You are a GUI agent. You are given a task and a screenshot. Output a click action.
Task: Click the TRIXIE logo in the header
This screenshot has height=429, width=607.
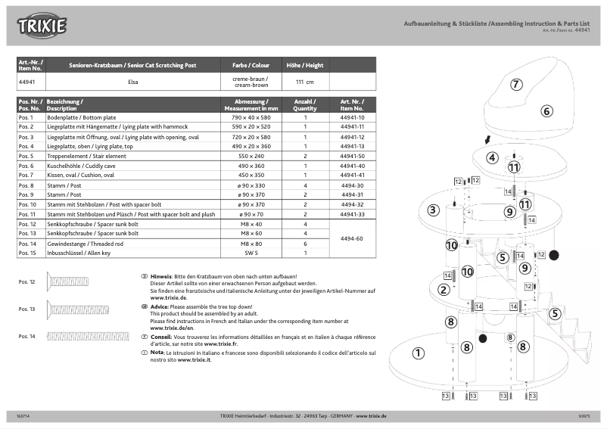[43, 26]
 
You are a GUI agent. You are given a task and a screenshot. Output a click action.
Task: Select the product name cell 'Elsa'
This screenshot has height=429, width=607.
[132, 81]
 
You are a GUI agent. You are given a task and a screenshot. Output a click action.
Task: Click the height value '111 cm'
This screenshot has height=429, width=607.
[304, 81]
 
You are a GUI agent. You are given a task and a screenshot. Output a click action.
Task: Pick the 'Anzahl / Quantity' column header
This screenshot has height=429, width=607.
[305, 104]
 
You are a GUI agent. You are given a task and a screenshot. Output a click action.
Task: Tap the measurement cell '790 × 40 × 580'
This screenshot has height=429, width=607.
[250, 118]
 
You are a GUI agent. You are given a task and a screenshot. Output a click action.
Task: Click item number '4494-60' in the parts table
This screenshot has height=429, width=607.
[352, 238]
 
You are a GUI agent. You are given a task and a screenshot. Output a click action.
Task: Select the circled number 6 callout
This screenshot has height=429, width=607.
[546, 110]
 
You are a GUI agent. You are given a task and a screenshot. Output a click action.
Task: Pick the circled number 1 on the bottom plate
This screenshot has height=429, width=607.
[418, 353]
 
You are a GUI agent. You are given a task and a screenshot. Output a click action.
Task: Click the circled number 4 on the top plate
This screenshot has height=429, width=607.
[492, 157]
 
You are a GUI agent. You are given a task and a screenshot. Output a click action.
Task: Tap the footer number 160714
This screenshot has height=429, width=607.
[23, 416]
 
